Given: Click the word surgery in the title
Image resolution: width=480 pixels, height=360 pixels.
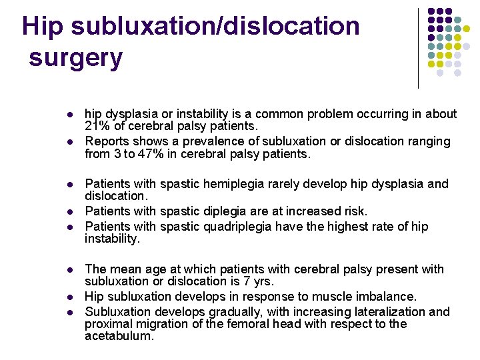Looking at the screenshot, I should click(76, 59).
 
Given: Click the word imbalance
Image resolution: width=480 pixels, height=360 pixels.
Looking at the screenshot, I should click(382, 296).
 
